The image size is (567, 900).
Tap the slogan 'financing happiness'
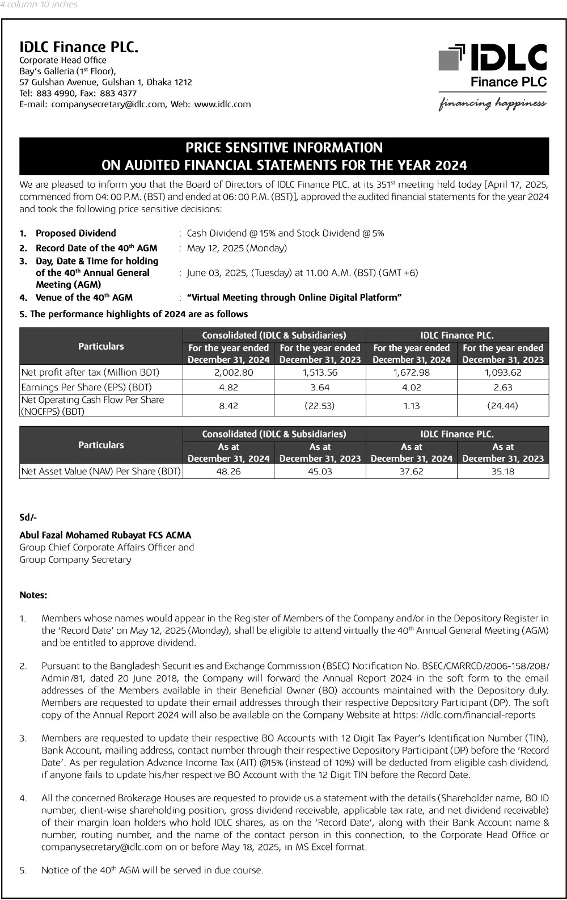(492, 103)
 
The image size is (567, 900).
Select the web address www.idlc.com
(222, 104)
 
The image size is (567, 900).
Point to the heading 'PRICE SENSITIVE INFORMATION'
(284, 148)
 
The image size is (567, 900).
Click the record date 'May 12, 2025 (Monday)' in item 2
(236, 248)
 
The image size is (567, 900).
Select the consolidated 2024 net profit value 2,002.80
(229, 373)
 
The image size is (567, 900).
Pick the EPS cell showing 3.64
(320, 388)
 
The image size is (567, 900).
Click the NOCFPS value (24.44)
(502, 406)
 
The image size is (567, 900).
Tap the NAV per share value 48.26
(229, 472)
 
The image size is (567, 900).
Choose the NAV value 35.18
(502, 472)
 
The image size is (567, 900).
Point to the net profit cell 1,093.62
(502, 373)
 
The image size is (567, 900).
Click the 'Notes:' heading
(33, 595)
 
